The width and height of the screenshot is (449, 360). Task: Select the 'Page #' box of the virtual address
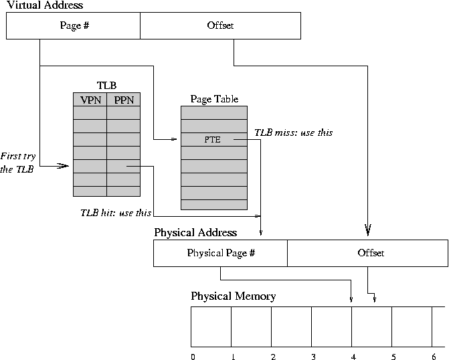click(74, 26)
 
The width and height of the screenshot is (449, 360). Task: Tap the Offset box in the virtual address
click(220, 26)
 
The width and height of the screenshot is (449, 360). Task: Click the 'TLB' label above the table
click(106, 86)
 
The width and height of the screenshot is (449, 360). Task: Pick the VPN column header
click(90, 100)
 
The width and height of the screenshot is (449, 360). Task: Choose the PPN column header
click(124, 100)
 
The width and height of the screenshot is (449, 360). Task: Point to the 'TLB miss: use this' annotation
click(293, 132)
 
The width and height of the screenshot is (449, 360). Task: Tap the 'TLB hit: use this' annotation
click(116, 213)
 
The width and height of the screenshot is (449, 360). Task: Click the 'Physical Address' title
click(195, 233)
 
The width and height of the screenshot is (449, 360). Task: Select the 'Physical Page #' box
click(220, 254)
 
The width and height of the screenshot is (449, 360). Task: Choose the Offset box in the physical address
click(367, 254)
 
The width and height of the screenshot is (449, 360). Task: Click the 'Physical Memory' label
click(233, 296)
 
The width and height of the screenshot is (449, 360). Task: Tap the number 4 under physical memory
click(353, 357)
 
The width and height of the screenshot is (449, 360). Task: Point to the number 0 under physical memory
click(193, 357)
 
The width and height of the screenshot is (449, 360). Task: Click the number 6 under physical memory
click(434, 357)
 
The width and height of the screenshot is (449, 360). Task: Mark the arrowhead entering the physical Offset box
click(367, 232)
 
